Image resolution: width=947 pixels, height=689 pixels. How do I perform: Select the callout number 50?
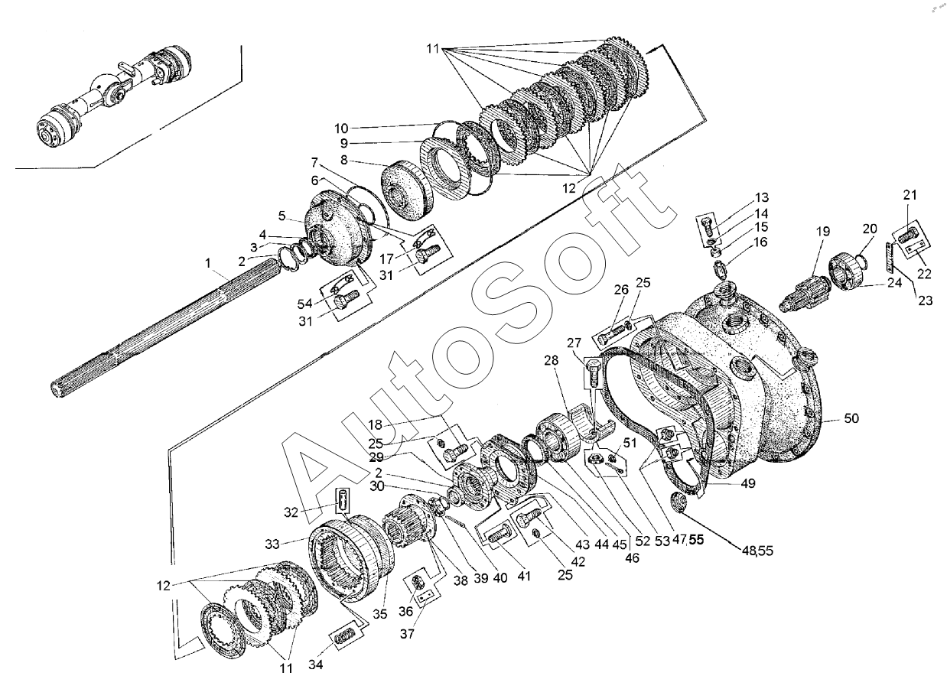pyautogui.click(x=852, y=419)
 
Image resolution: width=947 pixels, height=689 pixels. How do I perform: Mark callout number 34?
pyautogui.click(x=316, y=665)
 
